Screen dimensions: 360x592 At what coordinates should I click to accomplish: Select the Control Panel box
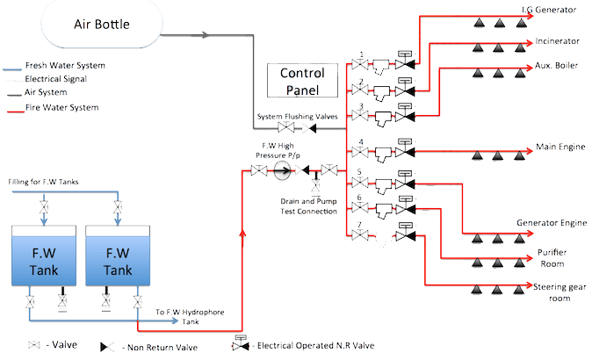click(302, 80)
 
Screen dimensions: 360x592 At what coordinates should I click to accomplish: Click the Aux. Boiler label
click(555, 66)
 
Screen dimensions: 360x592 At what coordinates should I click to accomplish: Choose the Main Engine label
click(556, 147)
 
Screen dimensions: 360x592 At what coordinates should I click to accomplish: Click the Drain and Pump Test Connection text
click(302, 205)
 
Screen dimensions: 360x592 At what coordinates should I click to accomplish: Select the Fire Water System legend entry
click(61, 108)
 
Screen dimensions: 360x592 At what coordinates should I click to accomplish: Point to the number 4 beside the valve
click(361, 141)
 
